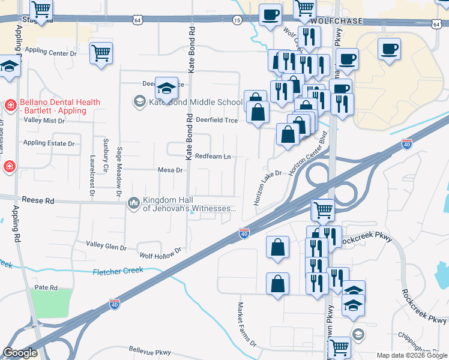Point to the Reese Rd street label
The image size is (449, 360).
[x=38, y=200]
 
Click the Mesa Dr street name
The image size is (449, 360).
[x=170, y=170]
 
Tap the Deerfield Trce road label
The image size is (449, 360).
[x=217, y=120]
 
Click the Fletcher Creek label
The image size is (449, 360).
[x=118, y=271]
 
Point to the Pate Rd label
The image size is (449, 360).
[x=46, y=288]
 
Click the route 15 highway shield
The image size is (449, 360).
[x=237, y=20]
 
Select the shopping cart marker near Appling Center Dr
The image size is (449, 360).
[x=101, y=52]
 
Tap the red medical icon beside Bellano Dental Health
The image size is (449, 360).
[x=10, y=106]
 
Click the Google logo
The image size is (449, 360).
[x=20, y=353]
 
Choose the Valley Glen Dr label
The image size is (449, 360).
[x=106, y=246]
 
